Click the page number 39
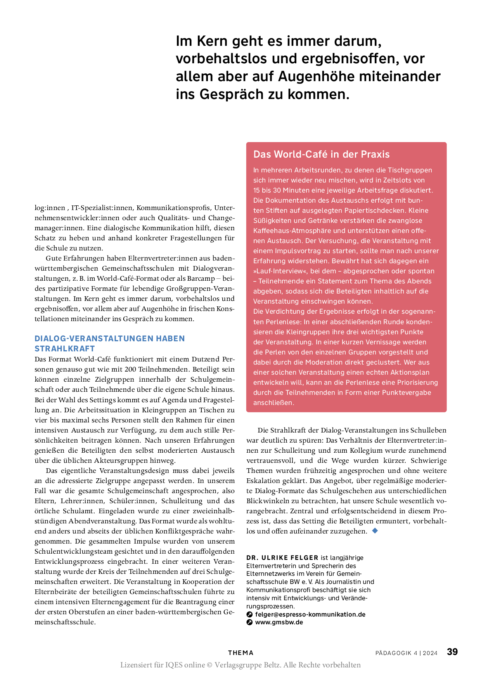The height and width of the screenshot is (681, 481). click(x=452, y=652)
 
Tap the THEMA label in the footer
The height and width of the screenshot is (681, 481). click(x=240, y=653)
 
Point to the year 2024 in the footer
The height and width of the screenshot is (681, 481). click(x=430, y=653)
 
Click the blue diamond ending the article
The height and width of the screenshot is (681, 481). click(x=375, y=530)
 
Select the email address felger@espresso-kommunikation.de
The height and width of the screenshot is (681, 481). click(x=310, y=614)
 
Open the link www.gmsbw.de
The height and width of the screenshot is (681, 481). click(x=279, y=622)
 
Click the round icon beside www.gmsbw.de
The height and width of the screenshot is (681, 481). click(x=250, y=622)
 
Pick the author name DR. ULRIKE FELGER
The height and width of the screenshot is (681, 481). click(x=282, y=558)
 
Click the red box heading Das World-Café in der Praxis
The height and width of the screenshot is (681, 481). click(x=321, y=154)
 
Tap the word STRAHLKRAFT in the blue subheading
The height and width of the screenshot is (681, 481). click(x=65, y=348)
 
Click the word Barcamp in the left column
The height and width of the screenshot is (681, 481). click(x=201, y=278)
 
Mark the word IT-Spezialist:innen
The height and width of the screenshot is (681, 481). click(x=102, y=208)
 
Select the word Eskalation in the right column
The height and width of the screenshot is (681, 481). click(x=263, y=481)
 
